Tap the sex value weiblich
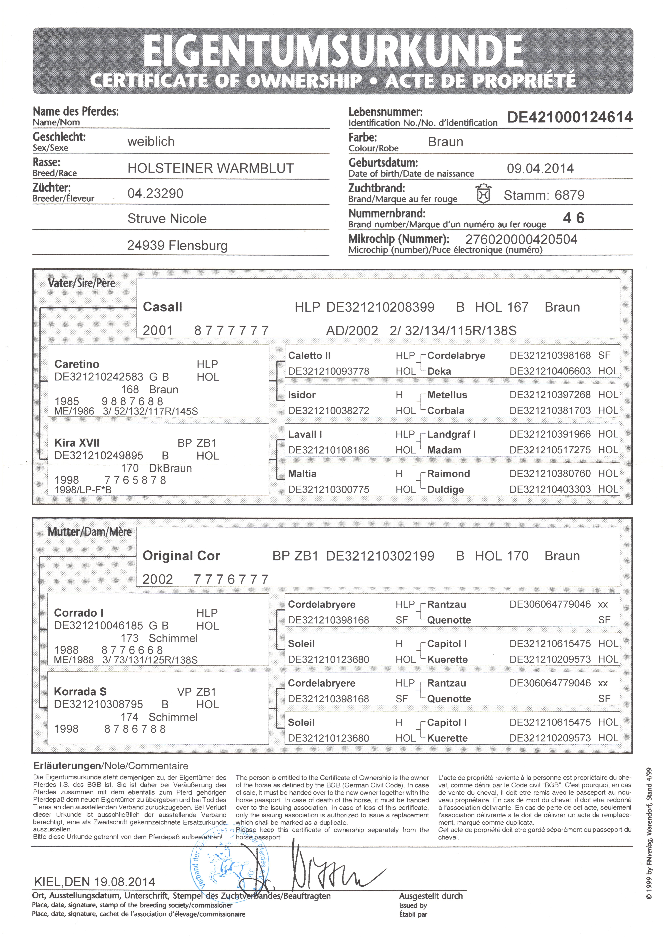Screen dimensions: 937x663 click(151, 142)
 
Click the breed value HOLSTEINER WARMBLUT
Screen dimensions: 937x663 click(210, 168)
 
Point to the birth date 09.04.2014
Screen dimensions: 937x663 click(540, 168)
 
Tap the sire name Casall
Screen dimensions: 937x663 click(162, 307)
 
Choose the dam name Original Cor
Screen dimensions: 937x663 click(181, 556)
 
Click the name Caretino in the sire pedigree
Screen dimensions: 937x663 click(77, 364)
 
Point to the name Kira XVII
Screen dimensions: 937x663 click(77, 443)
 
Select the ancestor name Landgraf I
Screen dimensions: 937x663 click(451, 434)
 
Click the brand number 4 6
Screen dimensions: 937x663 click(574, 218)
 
